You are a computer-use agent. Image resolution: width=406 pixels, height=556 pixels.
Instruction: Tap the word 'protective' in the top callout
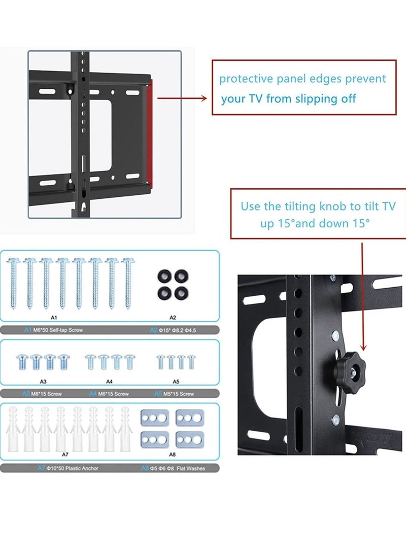(x=241, y=79)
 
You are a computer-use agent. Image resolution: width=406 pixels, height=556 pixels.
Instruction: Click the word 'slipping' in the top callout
(x=311, y=98)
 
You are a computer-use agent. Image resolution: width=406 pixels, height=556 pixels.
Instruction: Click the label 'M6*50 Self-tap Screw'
(x=58, y=330)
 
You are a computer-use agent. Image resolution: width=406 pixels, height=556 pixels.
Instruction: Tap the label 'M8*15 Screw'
(x=54, y=394)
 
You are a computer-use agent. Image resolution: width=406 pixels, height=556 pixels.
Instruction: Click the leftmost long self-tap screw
(x=14, y=282)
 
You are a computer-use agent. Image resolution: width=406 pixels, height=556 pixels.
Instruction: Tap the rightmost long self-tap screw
(x=127, y=282)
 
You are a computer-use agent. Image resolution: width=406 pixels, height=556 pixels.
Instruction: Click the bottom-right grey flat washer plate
(x=189, y=439)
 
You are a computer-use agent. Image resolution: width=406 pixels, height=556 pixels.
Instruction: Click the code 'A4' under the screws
(x=110, y=380)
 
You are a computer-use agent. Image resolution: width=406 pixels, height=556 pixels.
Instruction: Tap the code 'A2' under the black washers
(x=173, y=318)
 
